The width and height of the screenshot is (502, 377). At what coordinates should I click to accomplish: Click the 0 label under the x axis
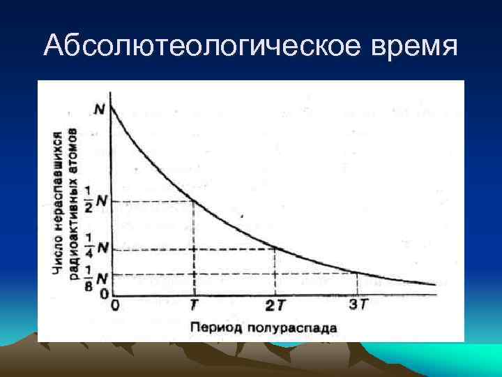tap(115, 306)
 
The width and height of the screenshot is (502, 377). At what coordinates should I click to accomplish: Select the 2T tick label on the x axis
tap(275, 306)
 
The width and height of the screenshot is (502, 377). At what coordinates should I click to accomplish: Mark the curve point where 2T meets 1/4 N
tap(275, 249)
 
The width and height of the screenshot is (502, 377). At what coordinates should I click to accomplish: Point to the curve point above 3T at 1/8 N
tap(358, 273)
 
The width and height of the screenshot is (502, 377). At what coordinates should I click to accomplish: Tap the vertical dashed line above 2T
tap(275, 272)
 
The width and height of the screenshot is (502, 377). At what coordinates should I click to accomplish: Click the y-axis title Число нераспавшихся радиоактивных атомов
tap(73, 202)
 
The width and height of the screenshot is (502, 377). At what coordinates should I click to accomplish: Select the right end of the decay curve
tap(436, 285)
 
